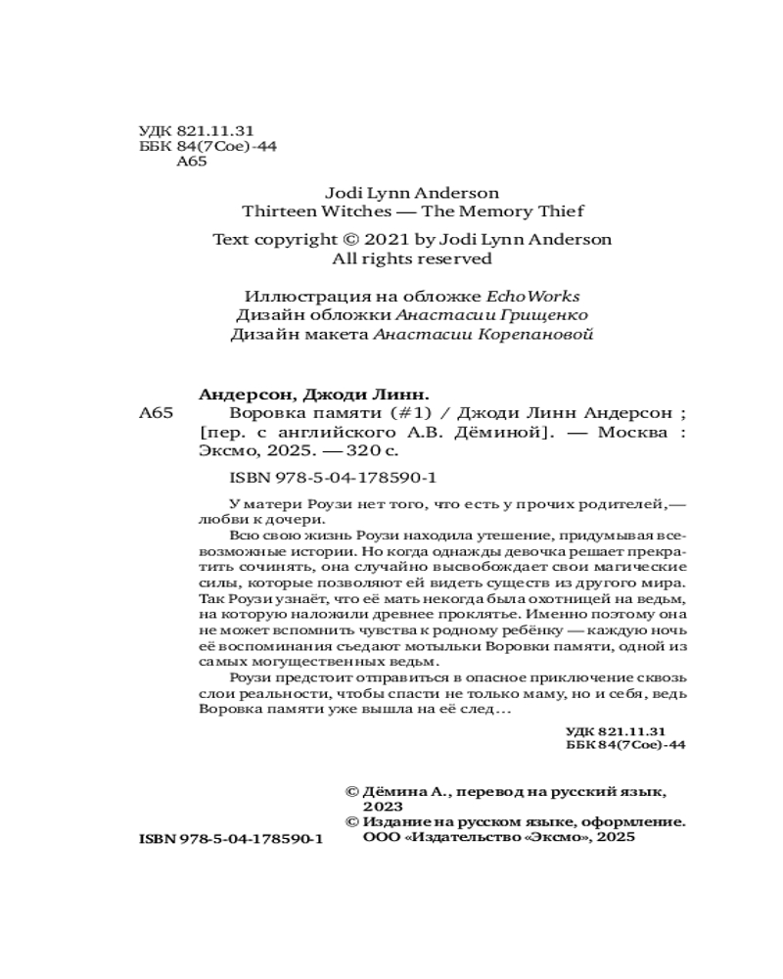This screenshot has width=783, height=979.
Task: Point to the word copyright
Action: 295,239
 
